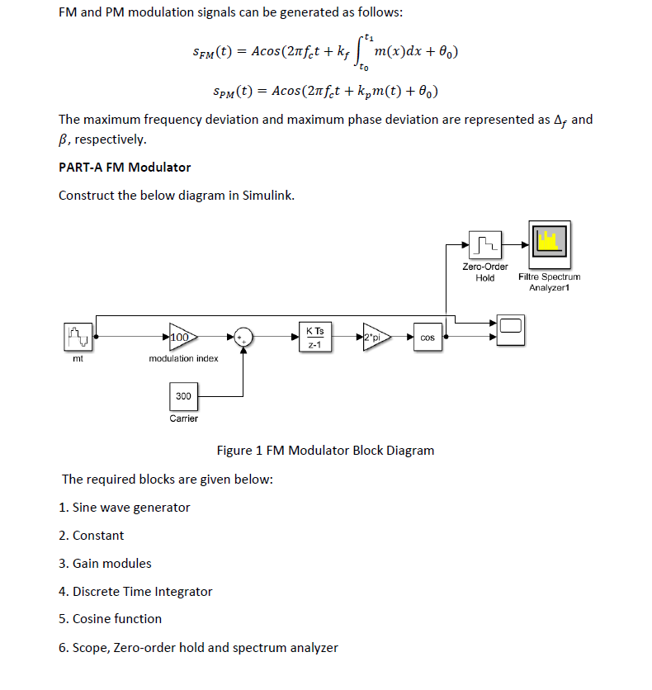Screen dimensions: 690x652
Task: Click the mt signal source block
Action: tap(78, 337)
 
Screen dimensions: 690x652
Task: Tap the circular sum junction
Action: tap(243, 337)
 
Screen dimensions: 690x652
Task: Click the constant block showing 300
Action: tap(183, 396)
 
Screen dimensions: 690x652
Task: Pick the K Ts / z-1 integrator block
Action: tap(314, 338)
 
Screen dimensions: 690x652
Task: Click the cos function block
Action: tap(428, 338)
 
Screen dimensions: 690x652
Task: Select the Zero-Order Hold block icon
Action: tap(485, 244)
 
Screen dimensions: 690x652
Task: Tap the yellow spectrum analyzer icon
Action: tap(549, 241)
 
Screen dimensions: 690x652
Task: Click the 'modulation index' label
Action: tap(183, 358)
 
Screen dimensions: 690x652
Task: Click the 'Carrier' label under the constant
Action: tap(183, 418)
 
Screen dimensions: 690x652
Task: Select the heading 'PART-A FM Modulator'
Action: tap(125, 168)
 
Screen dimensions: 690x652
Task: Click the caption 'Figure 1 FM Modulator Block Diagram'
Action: tap(325, 451)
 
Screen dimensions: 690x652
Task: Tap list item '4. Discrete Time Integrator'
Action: tap(135, 592)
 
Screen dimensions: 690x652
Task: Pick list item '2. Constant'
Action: tap(92, 536)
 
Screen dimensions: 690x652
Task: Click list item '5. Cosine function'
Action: tap(110, 619)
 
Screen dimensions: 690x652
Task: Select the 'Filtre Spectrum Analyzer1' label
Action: tap(549, 282)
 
